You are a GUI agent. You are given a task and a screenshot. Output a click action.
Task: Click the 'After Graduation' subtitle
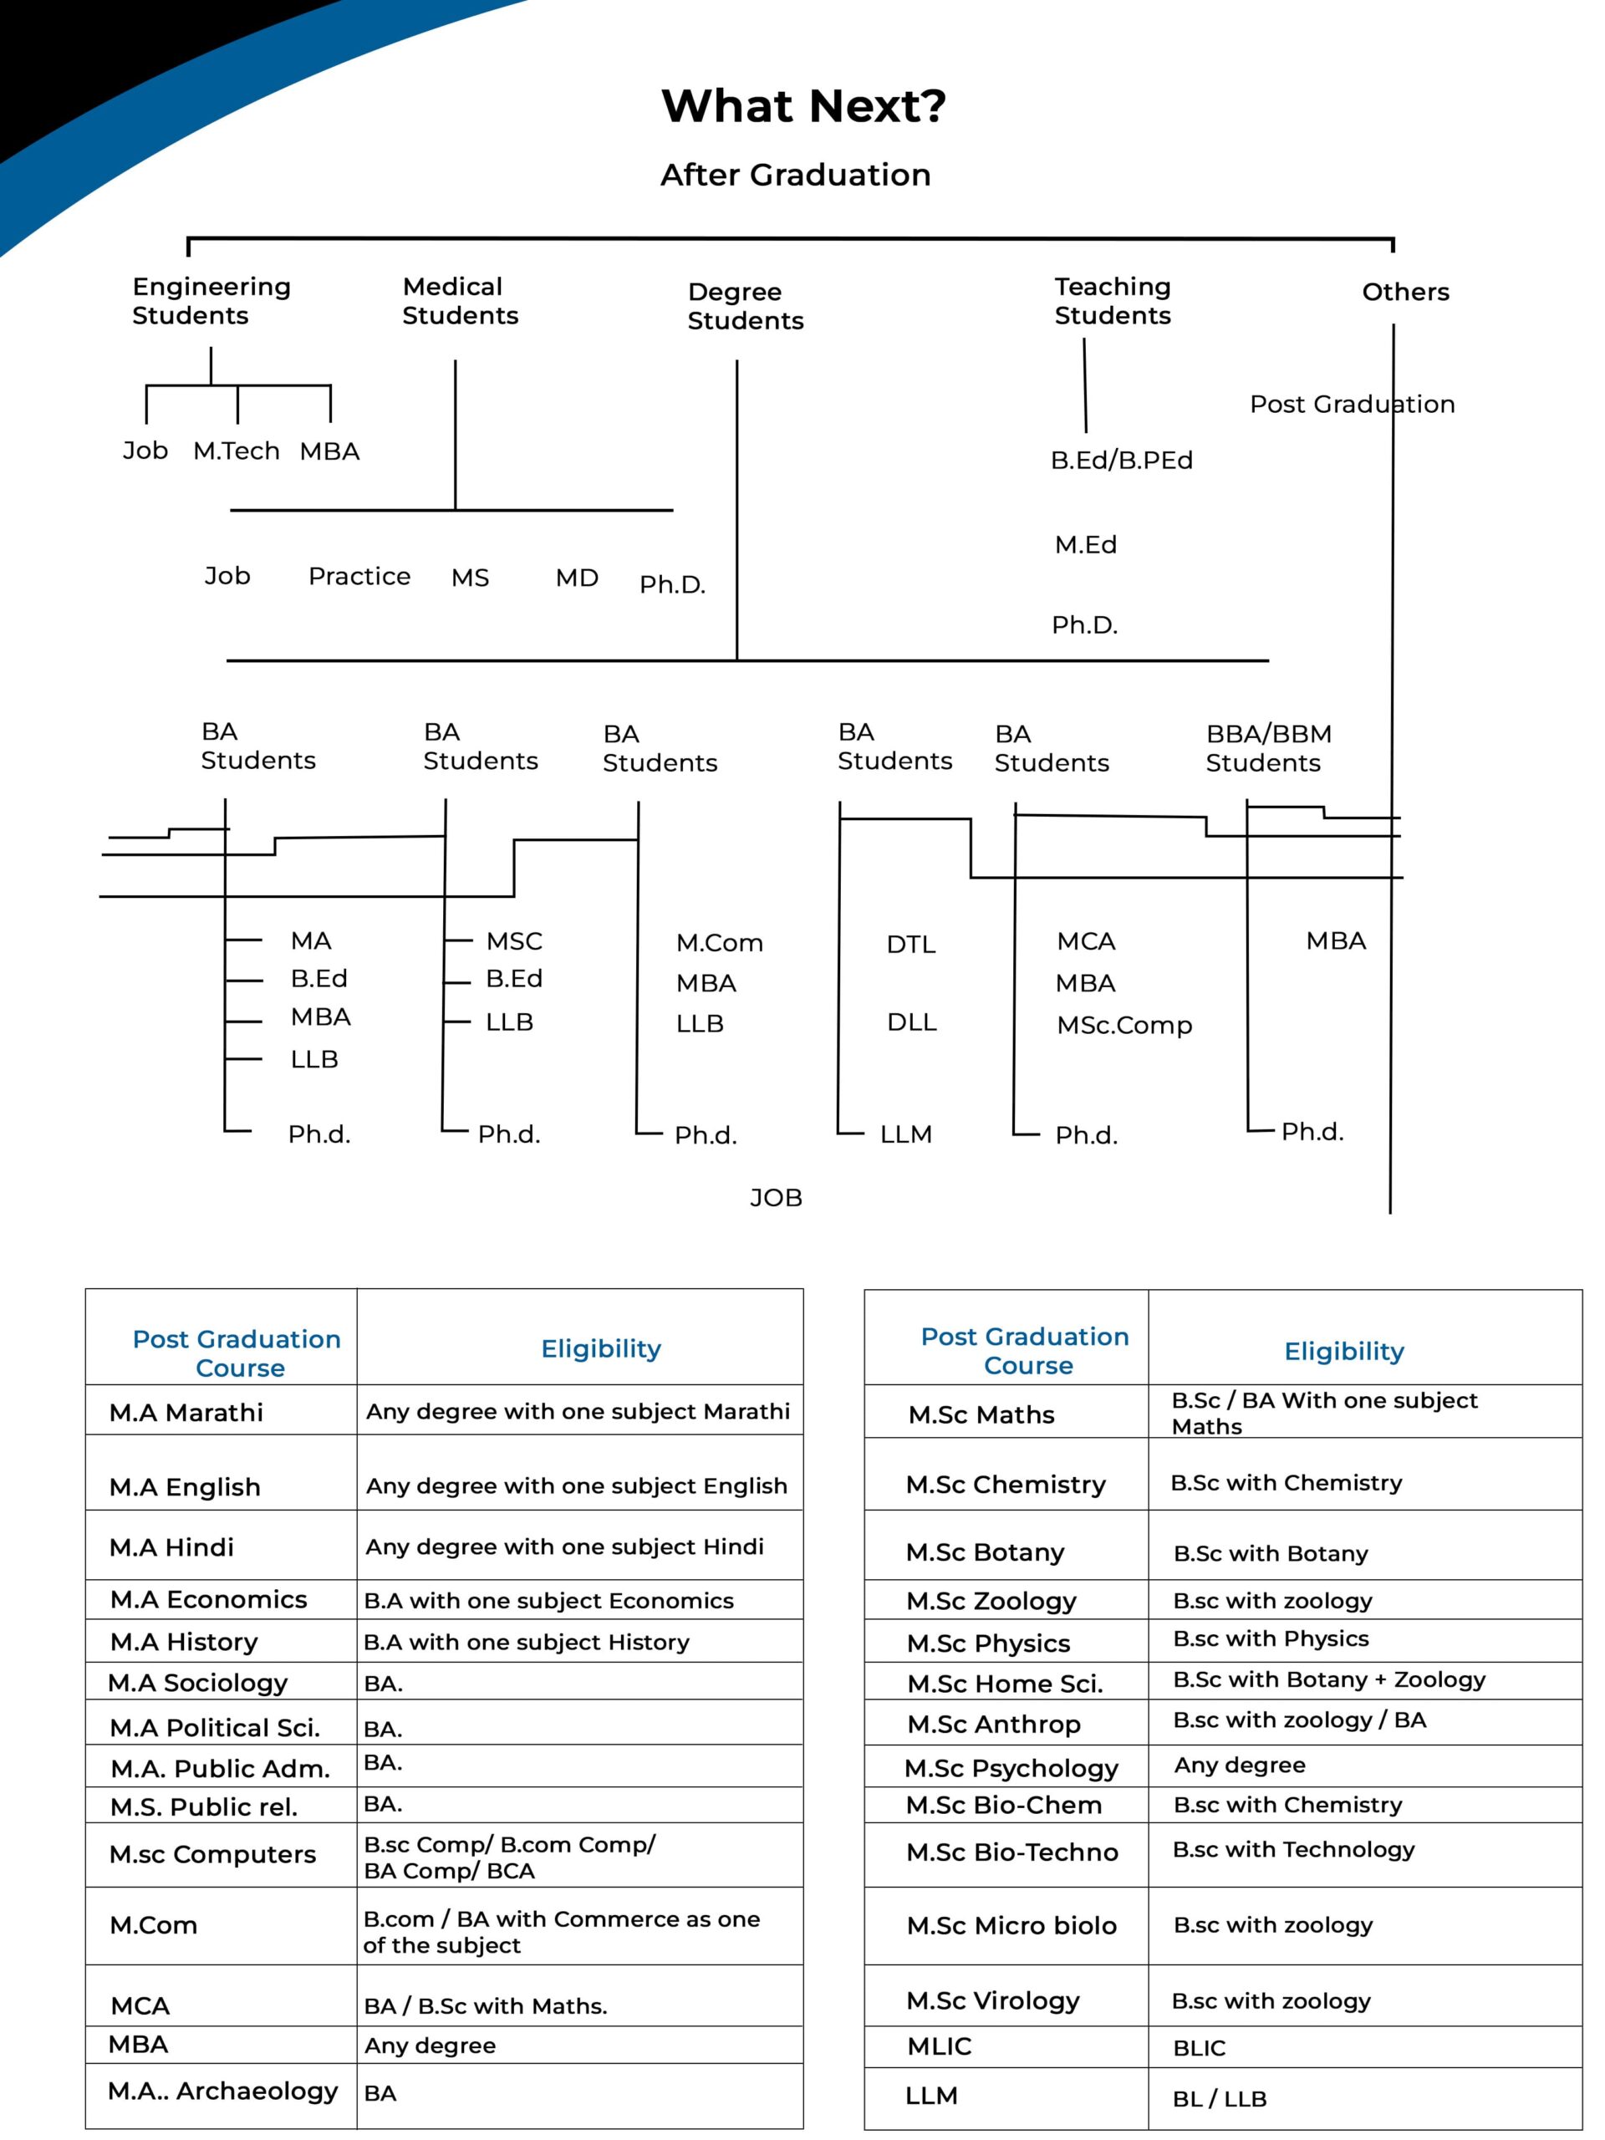795,175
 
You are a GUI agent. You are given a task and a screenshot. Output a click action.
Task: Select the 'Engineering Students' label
211,301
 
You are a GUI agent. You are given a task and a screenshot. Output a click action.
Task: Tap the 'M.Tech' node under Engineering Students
236,451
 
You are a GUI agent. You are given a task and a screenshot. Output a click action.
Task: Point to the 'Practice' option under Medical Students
359,577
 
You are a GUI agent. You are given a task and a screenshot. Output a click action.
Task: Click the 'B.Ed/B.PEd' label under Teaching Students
1121,461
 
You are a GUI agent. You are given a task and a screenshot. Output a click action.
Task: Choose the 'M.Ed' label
1086,545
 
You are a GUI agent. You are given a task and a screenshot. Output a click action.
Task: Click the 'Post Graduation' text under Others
1352,405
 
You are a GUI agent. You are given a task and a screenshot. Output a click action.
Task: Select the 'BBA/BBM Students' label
1268,748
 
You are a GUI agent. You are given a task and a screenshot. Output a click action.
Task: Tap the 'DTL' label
910,945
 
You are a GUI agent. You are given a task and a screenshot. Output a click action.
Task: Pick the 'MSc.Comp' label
1124,1025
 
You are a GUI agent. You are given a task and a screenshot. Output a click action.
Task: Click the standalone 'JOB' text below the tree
776,1198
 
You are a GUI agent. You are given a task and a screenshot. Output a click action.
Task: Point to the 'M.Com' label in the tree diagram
719,943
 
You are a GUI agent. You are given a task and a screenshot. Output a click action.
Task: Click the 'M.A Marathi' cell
186,1413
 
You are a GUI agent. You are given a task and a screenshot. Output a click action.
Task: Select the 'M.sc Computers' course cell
213,1855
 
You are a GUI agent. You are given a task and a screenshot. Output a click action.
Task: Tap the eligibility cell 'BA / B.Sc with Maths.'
486,2006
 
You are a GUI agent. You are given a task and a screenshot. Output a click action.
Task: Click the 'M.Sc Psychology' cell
1011,1769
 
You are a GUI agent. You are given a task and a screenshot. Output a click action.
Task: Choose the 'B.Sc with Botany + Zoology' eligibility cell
1328,1679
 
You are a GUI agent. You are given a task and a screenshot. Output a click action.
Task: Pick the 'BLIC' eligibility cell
1199,2048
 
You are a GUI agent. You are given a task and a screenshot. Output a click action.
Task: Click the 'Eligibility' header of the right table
1344,1352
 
